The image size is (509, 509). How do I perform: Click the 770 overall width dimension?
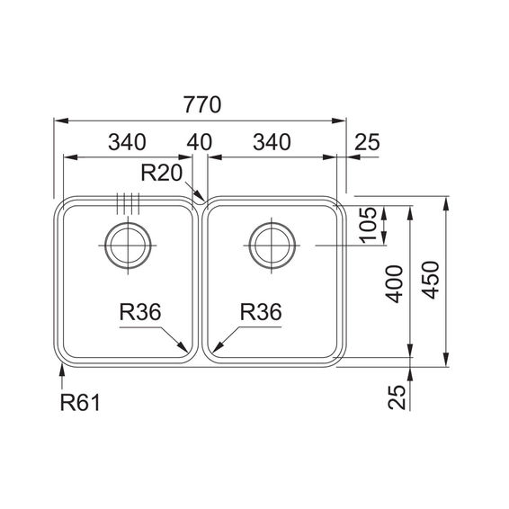tap(202, 104)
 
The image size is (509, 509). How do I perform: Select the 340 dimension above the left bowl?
tap(128, 142)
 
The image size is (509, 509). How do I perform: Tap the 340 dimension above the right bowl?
tap(272, 142)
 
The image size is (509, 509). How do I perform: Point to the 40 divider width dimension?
tap(200, 142)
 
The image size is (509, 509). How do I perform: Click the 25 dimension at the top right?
tap(367, 142)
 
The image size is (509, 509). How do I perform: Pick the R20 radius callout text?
tap(162, 173)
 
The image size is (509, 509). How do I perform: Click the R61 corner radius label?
tap(80, 403)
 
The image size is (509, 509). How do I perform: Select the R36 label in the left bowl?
tap(140, 312)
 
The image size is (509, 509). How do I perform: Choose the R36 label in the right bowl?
tap(261, 312)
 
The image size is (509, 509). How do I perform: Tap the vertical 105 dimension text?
tap(368, 225)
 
